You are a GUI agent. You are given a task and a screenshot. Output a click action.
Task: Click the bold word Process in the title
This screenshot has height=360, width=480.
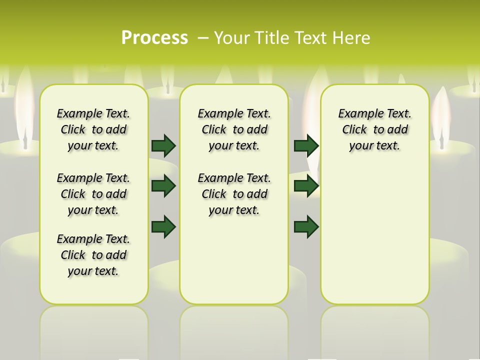point(154,38)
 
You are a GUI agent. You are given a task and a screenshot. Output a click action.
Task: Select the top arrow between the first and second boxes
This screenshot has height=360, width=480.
point(163,145)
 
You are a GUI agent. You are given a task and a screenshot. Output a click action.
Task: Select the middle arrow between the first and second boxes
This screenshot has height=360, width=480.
point(163,186)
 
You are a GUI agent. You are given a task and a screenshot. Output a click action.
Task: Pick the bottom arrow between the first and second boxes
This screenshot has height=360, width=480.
point(163,226)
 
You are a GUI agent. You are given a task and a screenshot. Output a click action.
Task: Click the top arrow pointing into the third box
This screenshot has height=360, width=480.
point(306,145)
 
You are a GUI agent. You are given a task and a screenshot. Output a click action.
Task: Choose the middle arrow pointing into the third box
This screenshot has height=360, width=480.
point(306,186)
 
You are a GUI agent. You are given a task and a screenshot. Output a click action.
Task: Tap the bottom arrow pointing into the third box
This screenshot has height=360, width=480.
point(306,226)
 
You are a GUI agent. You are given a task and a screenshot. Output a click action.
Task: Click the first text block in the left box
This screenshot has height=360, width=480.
point(93,129)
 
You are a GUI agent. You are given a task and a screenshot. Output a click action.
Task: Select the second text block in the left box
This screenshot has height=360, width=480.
point(93,194)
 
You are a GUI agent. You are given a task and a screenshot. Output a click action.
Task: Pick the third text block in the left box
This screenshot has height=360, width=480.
point(93,255)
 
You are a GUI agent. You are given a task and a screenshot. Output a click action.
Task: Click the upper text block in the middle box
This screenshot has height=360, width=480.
point(234,129)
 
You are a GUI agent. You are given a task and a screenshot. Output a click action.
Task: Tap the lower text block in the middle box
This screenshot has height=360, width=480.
point(234,194)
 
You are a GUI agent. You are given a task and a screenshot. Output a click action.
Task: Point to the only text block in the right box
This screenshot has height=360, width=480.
point(374,129)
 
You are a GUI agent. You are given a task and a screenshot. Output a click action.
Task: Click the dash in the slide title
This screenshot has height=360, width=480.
point(203,38)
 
